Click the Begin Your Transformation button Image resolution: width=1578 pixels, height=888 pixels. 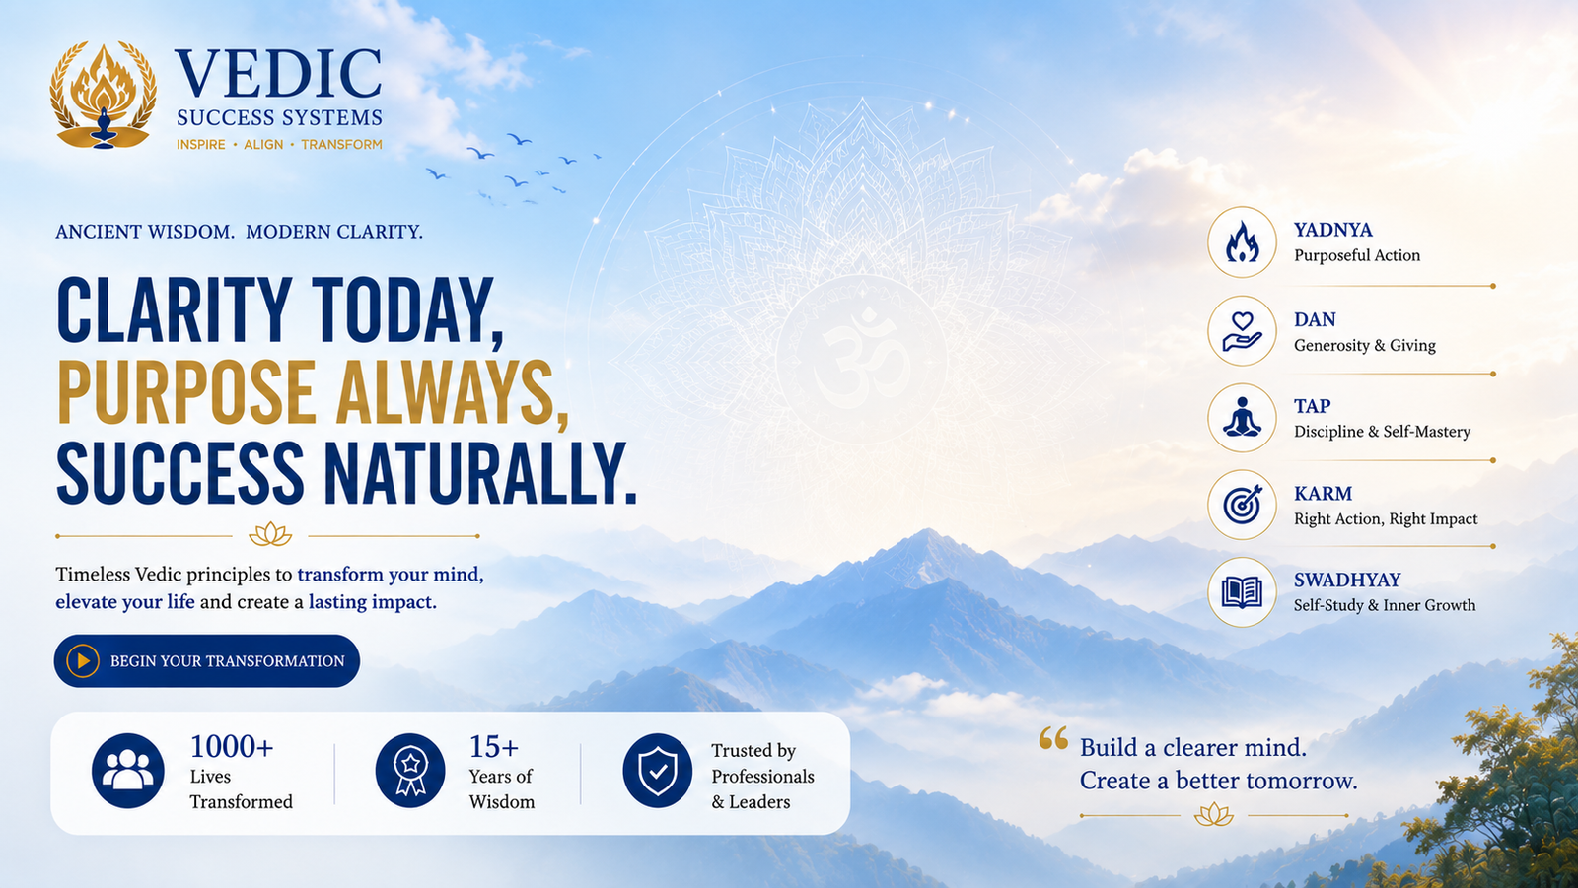tap(206, 660)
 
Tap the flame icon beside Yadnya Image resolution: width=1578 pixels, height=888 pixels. tap(1242, 242)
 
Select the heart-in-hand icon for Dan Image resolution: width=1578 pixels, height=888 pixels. tap(1242, 331)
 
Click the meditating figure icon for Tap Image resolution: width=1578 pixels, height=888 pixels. tap(1242, 418)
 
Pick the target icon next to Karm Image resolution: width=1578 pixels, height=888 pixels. tap(1242, 505)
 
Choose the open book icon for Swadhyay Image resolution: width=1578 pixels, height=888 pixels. tap(1242, 592)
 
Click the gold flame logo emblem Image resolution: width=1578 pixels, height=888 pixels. tap(103, 95)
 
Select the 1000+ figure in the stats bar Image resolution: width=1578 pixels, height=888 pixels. tap(232, 746)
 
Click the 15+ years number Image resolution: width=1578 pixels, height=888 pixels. tap(494, 746)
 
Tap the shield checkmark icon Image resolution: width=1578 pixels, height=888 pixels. tap(657, 771)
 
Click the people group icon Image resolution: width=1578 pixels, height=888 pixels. tap(127, 771)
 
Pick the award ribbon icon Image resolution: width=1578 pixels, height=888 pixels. tap(410, 771)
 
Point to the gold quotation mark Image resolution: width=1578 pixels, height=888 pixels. tap(1053, 738)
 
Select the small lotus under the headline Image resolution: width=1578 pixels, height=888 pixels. tap(270, 535)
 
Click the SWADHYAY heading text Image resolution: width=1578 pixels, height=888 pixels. tap(1347, 580)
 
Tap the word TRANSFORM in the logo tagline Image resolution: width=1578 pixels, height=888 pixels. tap(341, 144)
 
